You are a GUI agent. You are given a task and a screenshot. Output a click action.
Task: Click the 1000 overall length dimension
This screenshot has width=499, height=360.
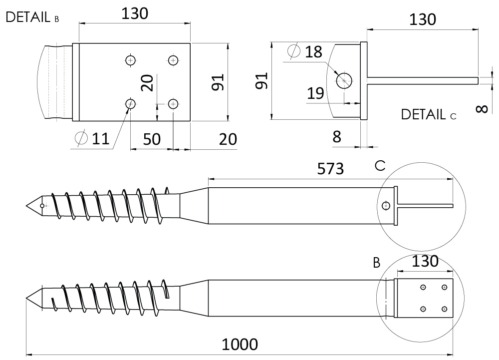tap(240, 345)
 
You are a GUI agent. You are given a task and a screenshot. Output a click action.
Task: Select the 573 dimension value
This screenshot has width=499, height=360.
tap(330, 169)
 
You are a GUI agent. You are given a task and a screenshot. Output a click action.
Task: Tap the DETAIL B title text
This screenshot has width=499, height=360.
tap(32, 17)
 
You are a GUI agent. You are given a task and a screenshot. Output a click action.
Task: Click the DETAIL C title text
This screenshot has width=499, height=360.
tap(428, 114)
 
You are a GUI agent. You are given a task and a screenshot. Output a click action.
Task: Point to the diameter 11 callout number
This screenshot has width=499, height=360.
tap(101, 139)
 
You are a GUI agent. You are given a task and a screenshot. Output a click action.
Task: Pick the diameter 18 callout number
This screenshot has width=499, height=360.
tap(313, 52)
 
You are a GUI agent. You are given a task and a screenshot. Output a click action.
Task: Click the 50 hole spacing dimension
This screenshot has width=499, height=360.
tap(152, 139)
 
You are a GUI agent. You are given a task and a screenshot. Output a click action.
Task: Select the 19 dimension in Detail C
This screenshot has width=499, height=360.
tap(315, 93)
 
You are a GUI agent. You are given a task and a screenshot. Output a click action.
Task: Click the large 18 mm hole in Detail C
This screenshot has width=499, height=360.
tap(344, 80)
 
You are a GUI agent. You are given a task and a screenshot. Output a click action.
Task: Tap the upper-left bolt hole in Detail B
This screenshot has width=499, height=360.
tap(130, 60)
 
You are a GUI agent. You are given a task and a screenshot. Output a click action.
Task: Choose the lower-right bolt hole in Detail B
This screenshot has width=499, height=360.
tap(173, 104)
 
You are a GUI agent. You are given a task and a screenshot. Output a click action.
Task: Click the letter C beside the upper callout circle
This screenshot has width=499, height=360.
tap(380, 166)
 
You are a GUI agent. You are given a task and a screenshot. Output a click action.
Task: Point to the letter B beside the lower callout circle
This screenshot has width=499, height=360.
tap(376, 263)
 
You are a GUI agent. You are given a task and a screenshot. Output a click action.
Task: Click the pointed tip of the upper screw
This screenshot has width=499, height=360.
tap(26, 206)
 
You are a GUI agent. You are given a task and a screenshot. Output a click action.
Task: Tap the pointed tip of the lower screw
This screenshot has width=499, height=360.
tap(26, 298)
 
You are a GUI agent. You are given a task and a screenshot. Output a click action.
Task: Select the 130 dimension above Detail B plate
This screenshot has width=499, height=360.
tap(135, 13)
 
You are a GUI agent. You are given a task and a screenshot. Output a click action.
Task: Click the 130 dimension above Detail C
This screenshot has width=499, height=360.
tap(422, 20)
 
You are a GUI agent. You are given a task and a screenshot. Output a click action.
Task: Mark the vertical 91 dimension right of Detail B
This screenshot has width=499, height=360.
tap(219, 82)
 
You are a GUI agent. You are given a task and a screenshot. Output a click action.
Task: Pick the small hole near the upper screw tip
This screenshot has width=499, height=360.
tap(42, 206)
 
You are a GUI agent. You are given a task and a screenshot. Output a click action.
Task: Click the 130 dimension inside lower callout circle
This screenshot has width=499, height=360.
tap(425, 262)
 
